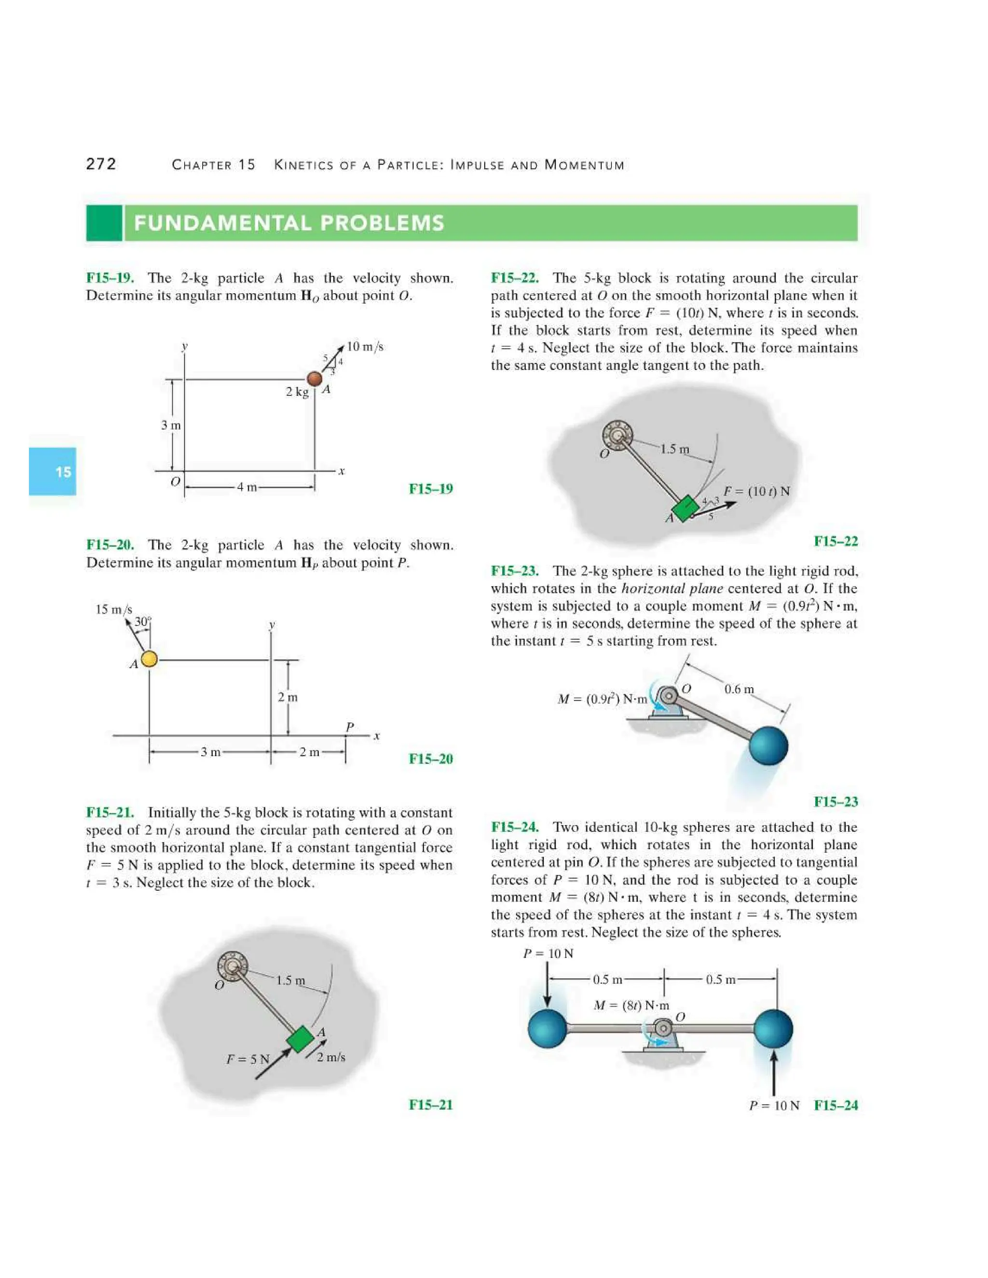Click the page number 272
(101, 164)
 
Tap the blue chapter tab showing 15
(53, 472)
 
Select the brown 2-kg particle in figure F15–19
(315, 379)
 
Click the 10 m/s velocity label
(365, 346)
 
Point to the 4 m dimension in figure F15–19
(247, 487)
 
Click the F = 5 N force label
(247, 1059)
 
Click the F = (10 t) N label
(756, 491)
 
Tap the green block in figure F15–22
(684, 508)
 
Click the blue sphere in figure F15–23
(768, 745)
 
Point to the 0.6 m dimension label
(739, 689)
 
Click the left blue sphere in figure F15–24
(547, 1028)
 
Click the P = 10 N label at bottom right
(774, 1105)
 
